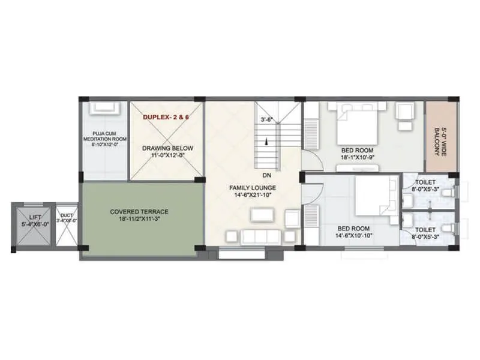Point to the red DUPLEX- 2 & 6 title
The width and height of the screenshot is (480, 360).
tap(166, 118)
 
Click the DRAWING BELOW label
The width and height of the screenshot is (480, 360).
tap(166, 151)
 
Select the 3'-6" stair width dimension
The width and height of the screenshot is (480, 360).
tap(267, 119)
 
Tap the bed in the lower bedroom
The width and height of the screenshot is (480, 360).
tap(372, 199)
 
